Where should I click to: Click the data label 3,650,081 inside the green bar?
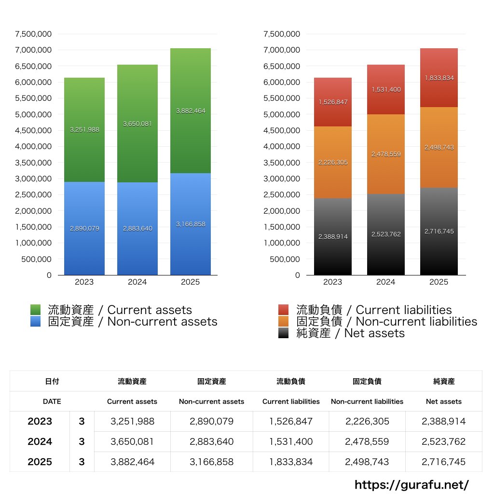(137, 123)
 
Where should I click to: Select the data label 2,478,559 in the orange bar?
(386, 154)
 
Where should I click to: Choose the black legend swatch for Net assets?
(284, 333)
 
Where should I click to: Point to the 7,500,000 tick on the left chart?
(33, 34)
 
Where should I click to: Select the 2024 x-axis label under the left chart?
(137, 282)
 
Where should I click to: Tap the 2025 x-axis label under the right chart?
(439, 282)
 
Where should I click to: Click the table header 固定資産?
(211, 381)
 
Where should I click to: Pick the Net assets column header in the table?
(444, 401)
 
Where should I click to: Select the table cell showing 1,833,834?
(291, 462)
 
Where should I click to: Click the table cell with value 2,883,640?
(211, 441)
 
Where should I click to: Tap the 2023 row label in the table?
(40, 421)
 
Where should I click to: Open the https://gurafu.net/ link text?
(412, 484)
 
